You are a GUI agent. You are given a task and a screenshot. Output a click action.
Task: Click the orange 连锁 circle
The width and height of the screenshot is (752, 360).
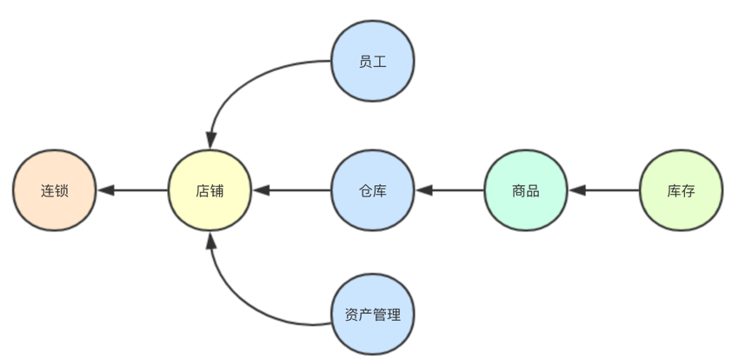click(55, 190)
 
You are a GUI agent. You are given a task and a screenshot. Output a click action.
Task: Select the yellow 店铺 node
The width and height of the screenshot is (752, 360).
click(210, 190)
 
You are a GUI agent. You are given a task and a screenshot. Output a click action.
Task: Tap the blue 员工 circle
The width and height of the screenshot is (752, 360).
click(373, 62)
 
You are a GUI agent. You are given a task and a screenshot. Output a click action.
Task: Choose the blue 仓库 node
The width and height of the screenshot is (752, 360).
click(373, 190)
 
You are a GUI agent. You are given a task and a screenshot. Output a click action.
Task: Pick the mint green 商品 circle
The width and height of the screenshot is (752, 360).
click(525, 190)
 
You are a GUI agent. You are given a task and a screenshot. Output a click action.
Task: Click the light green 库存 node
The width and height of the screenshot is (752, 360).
click(681, 190)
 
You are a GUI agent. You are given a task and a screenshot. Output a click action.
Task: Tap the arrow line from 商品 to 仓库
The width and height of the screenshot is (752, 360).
click(452, 190)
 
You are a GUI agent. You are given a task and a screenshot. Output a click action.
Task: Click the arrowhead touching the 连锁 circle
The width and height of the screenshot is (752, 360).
click(104, 190)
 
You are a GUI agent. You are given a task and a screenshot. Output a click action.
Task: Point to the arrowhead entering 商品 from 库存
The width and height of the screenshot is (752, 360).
click(576, 190)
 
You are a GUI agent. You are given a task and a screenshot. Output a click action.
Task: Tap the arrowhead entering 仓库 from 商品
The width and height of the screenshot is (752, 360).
click(423, 190)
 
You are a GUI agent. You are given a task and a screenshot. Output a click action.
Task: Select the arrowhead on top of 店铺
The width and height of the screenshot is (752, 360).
click(210, 140)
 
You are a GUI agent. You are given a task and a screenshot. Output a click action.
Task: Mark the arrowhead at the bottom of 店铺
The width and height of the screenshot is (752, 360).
click(210, 241)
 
